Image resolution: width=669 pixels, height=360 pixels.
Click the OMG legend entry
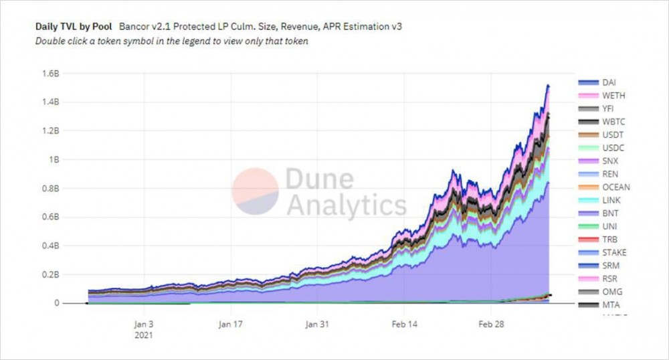[x=610, y=292]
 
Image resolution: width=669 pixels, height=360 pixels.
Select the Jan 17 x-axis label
[x=230, y=325]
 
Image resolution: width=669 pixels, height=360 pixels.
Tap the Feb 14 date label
[x=404, y=325]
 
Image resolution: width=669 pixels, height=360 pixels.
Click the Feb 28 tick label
[x=491, y=325]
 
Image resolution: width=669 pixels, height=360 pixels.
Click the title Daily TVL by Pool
[x=73, y=27]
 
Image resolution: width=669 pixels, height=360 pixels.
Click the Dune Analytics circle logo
[x=255, y=191]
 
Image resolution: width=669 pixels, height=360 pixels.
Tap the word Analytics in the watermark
[x=346, y=204]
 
